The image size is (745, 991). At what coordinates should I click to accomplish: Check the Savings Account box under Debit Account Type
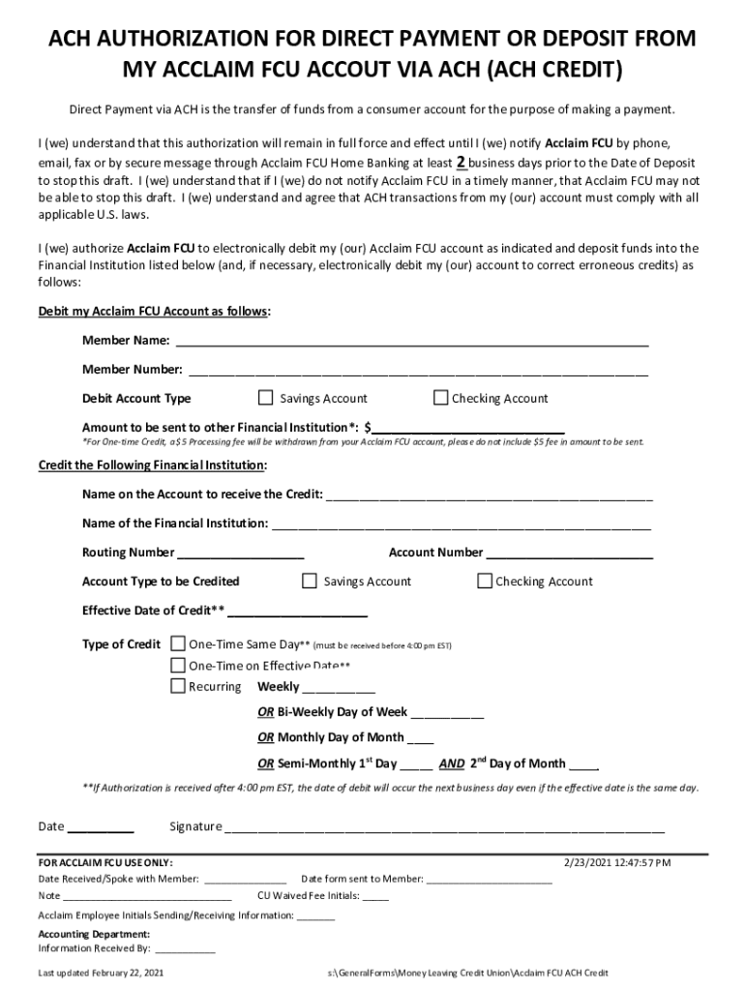point(266,398)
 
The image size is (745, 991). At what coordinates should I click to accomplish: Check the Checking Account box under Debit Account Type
point(441,398)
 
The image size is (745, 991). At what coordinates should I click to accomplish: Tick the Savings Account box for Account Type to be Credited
point(310,581)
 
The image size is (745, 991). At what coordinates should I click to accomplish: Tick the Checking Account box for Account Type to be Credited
point(485,581)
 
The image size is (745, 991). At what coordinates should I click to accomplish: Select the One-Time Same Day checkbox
point(178,644)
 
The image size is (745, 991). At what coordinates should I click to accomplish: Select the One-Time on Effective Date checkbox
point(178,665)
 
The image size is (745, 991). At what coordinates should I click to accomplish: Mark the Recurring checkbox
point(178,686)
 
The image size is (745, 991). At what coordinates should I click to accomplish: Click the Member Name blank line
point(411,341)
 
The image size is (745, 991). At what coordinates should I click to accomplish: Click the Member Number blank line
point(418,370)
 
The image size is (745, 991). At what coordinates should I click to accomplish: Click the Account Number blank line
point(569,553)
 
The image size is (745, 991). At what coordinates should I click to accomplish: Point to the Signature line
point(445,827)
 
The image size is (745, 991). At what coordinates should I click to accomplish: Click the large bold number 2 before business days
point(462,162)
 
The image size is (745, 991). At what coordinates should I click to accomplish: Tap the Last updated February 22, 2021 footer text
point(101,973)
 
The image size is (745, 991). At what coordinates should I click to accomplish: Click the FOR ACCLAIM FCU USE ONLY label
point(105,862)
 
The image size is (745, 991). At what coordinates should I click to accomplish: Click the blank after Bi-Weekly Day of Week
point(447,712)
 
